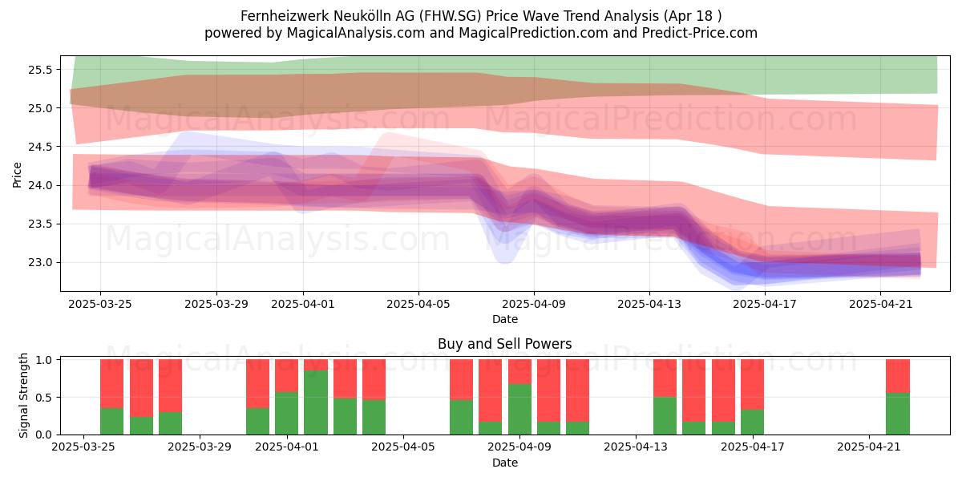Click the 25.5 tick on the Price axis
tap(40, 70)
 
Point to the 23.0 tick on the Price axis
tap(40, 262)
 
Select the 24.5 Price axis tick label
tap(40, 147)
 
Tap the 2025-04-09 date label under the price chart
tap(534, 304)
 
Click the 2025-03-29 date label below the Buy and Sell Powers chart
tap(200, 447)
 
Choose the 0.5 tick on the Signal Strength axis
tap(44, 398)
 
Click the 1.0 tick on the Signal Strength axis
tap(44, 360)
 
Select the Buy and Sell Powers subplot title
tap(504, 344)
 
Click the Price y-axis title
tap(17, 175)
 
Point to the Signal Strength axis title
tap(23, 395)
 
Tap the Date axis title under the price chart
tap(504, 319)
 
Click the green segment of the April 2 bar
tap(316, 402)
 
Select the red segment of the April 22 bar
tap(898, 376)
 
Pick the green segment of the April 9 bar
tap(519, 410)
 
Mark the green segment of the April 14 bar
tap(665, 416)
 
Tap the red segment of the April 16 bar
tap(723, 390)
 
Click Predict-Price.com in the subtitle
tap(700, 33)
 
